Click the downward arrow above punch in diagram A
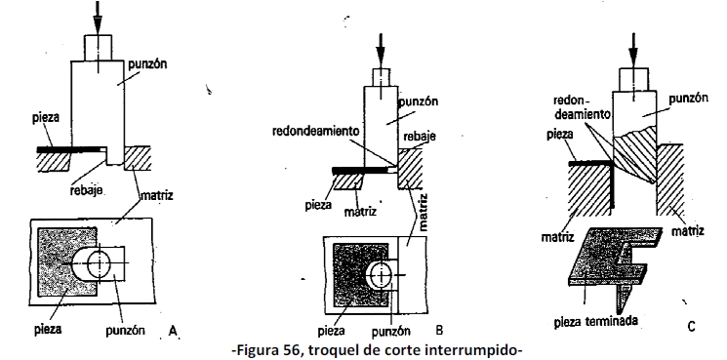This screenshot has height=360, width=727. (98, 17)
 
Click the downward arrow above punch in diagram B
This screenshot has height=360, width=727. (381, 51)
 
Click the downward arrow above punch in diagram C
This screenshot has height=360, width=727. (633, 50)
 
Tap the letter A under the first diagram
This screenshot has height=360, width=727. (173, 331)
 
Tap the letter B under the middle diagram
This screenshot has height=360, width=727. (439, 330)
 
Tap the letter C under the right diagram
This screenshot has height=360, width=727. (691, 326)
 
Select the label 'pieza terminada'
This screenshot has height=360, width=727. (596, 321)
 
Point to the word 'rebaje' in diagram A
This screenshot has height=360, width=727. (87, 190)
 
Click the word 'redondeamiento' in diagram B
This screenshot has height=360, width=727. (316, 131)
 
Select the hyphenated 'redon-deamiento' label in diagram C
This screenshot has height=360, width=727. (583, 107)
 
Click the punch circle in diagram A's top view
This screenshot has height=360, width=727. (100, 265)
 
